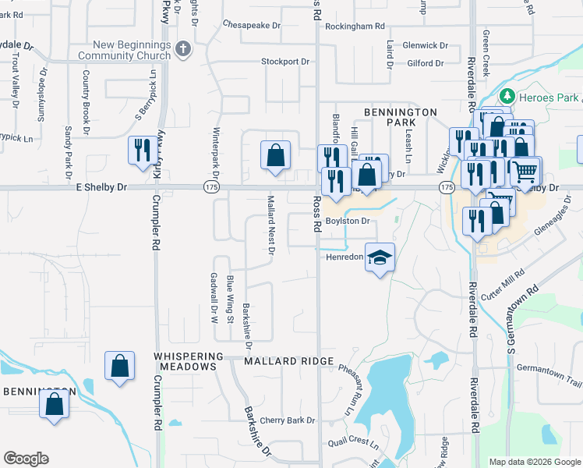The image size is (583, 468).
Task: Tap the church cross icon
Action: point(184,49)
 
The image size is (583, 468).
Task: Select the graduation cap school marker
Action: point(379,258)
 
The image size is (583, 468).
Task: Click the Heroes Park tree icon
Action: point(508,96)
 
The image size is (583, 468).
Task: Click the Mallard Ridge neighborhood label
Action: point(288,362)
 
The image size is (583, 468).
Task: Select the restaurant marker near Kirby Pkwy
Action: point(141,150)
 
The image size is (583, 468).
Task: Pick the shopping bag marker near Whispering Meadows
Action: point(119,367)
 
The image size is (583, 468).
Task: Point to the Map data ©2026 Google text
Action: point(535,462)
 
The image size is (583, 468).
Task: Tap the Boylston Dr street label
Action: point(347,221)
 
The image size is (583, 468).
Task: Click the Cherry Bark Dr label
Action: point(288,420)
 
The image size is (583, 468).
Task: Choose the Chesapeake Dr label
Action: point(251,25)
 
